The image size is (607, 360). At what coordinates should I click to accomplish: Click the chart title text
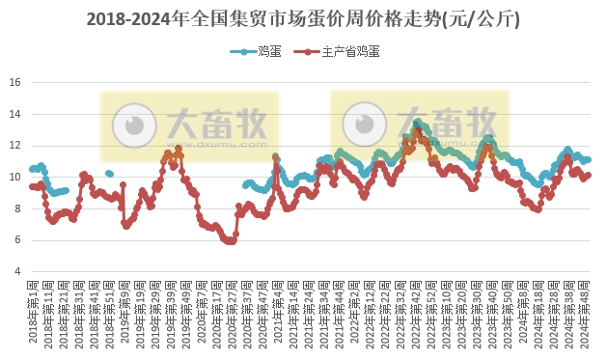(303, 18)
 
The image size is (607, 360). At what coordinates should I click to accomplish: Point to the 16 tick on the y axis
(14, 83)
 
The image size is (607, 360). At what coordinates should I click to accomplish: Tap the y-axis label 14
(14, 114)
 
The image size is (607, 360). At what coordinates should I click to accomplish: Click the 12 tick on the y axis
(14, 146)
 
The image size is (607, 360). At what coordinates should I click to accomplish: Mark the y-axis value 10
(14, 177)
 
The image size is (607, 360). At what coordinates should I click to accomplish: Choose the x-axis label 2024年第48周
(587, 313)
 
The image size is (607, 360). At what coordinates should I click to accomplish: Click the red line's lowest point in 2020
(230, 241)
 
